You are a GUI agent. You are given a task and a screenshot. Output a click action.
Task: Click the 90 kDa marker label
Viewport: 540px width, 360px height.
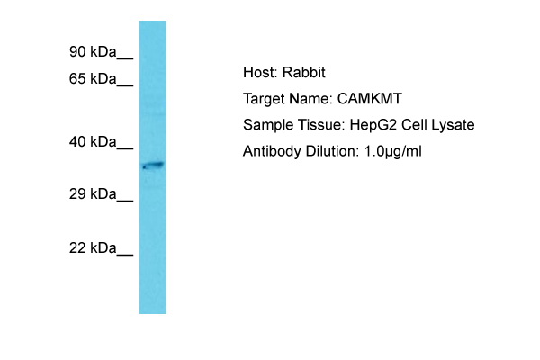[x=93, y=51]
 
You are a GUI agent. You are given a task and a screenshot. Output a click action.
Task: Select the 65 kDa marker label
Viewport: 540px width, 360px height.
[x=93, y=79]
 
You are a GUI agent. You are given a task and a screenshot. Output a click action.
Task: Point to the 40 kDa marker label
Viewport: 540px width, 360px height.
[x=93, y=141]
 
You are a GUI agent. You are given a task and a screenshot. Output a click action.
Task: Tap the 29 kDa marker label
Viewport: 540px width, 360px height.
[x=93, y=194]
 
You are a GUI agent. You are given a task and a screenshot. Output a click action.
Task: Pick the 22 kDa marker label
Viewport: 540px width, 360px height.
[x=93, y=247]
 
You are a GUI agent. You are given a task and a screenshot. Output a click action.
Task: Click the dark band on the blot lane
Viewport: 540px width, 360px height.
[x=153, y=166]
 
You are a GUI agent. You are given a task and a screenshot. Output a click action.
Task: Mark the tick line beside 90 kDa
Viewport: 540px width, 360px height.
[x=125, y=58]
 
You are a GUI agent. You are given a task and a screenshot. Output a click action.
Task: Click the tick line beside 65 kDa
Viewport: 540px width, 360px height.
[x=125, y=85]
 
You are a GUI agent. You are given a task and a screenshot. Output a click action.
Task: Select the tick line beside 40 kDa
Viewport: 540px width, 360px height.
[x=125, y=148]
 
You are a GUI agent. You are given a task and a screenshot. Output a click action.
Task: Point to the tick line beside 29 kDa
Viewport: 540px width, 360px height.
[x=125, y=201]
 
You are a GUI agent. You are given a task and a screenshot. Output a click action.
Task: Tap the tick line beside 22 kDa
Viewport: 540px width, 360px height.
[x=125, y=255]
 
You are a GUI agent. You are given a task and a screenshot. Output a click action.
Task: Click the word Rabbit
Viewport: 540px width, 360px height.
[x=304, y=72]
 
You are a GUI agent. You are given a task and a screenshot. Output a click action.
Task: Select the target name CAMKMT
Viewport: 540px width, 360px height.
[x=370, y=99]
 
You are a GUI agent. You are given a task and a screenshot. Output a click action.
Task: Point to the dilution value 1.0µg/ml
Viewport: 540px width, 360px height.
[x=393, y=151]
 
